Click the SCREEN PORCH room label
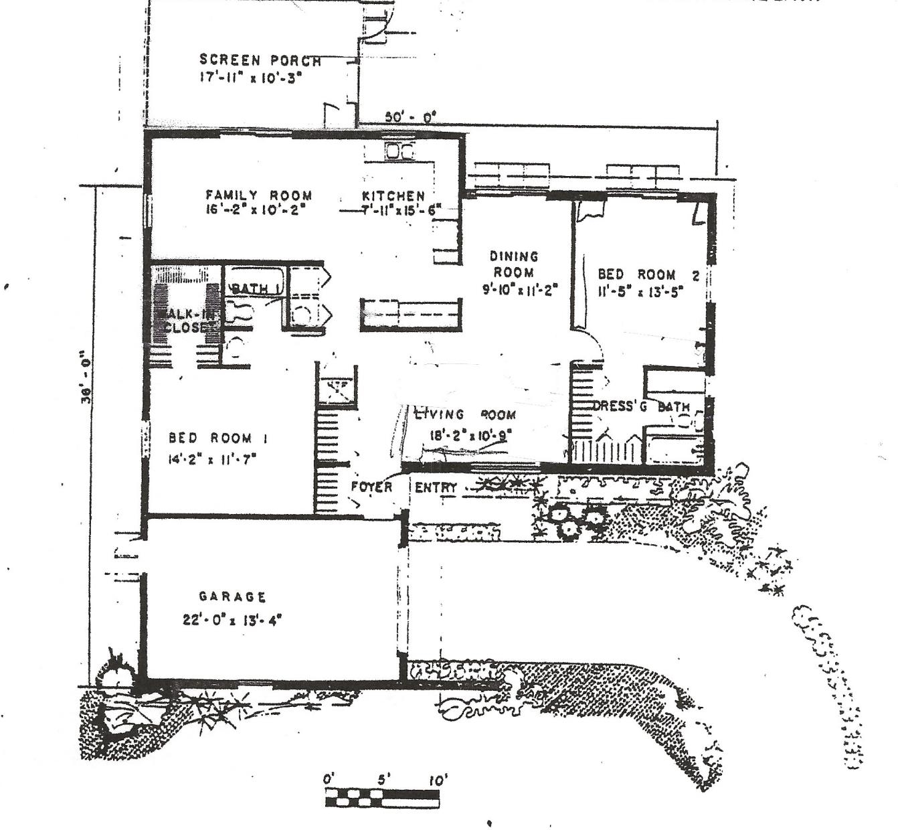click(260, 60)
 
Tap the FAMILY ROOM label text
click(258, 195)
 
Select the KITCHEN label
click(393, 195)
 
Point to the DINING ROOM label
click(514, 264)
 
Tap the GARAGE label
click(233, 596)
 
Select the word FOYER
click(371, 487)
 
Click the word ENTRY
click(436, 488)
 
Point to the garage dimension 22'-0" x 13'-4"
click(233, 620)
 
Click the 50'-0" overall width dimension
click(410, 116)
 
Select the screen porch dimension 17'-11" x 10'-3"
click(252, 77)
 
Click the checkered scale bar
click(382, 798)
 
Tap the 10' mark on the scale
click(438, 780)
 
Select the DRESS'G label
click(620, 406)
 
